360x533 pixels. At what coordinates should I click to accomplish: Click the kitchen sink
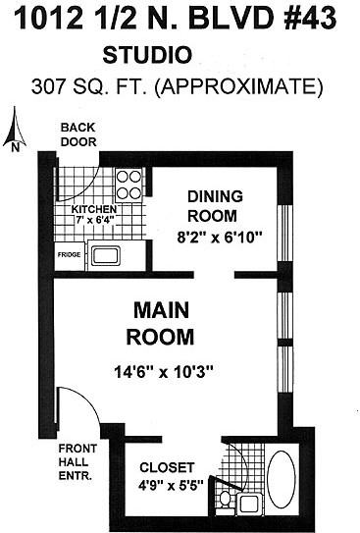[105, 258]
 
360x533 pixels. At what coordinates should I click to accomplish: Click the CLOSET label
[167, 467]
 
